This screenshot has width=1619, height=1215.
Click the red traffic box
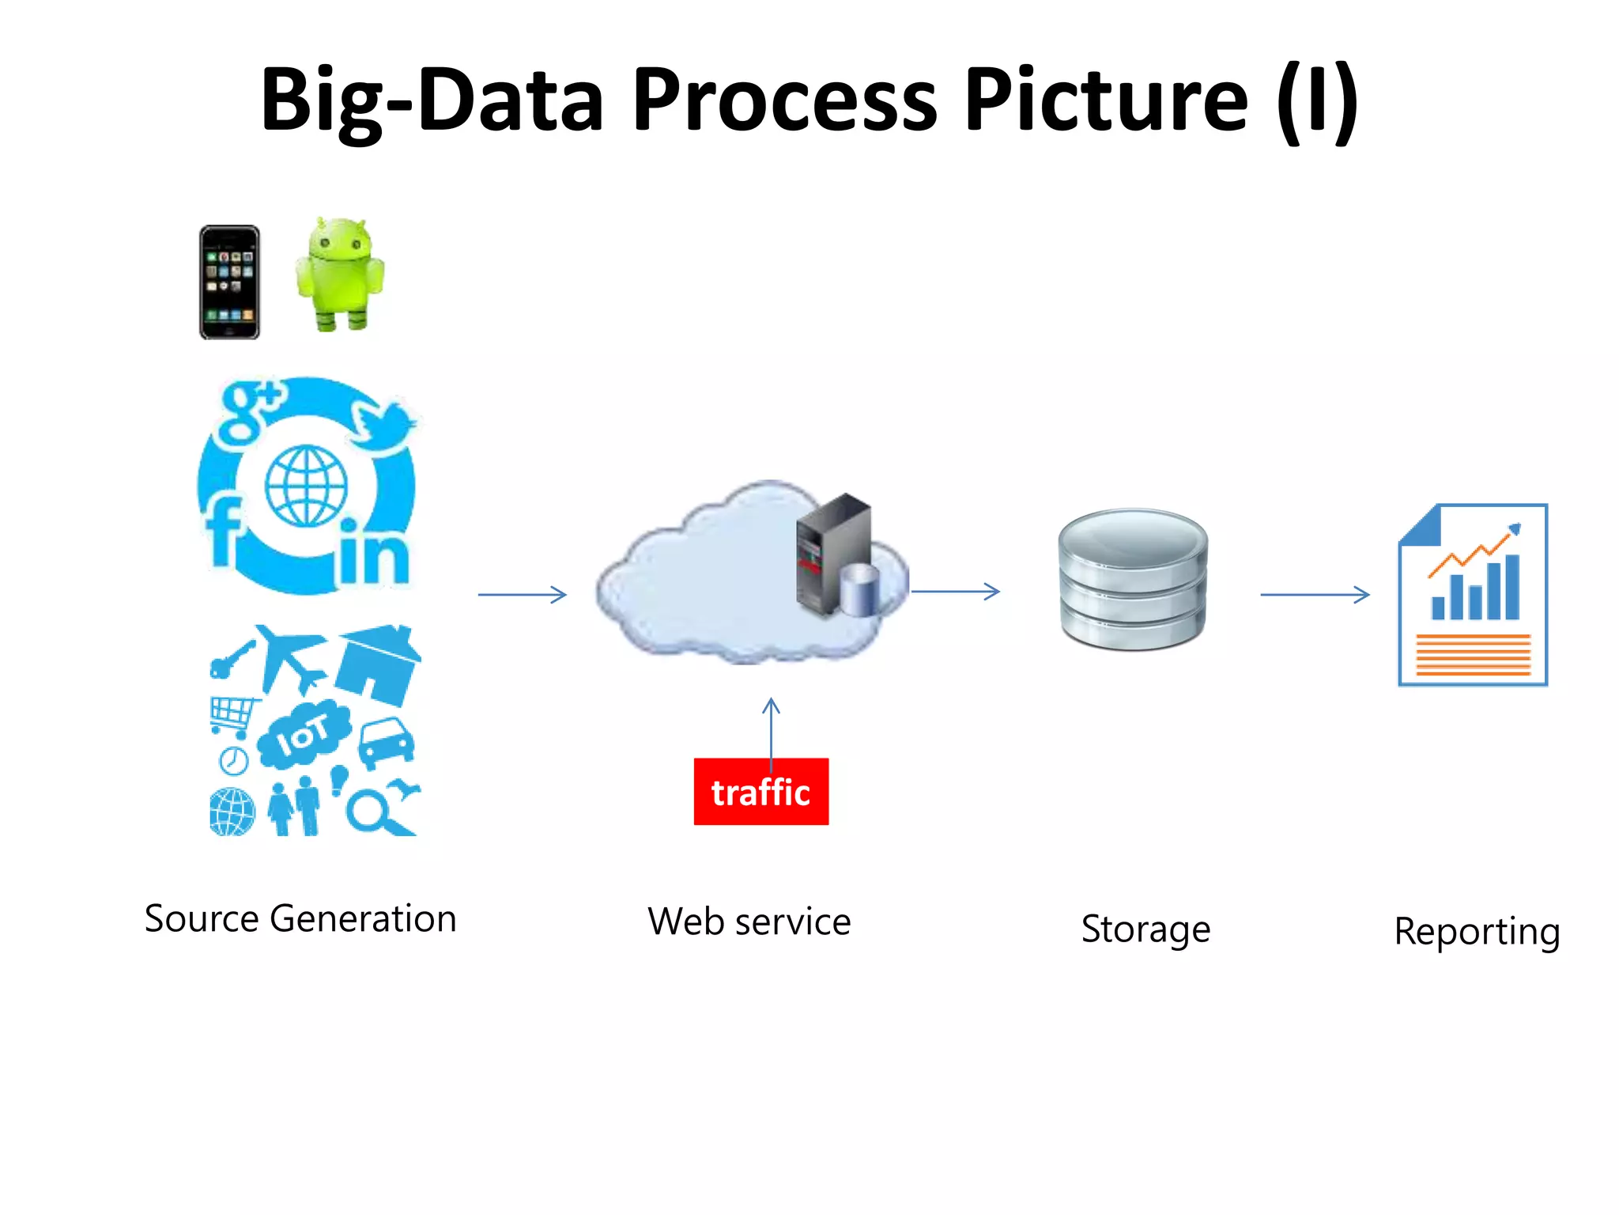point(760,792)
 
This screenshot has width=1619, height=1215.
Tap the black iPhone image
point(229,282)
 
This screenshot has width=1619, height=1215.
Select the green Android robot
point(340,275)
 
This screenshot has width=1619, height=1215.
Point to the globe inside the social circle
point(306,486)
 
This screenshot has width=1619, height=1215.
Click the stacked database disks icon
point(1132,579)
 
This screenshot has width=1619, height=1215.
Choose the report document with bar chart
point(1473,595)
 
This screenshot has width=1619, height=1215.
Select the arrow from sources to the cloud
point(523,594)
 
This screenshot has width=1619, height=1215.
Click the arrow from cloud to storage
point(955,591)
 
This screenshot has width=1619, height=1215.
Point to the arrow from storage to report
point(1314,594)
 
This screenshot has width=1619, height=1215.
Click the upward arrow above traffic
point(771,728)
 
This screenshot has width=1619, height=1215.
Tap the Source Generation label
point(300,918)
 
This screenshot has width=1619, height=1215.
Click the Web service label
point(749,922)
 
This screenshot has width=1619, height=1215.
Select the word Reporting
point(1476,932)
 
